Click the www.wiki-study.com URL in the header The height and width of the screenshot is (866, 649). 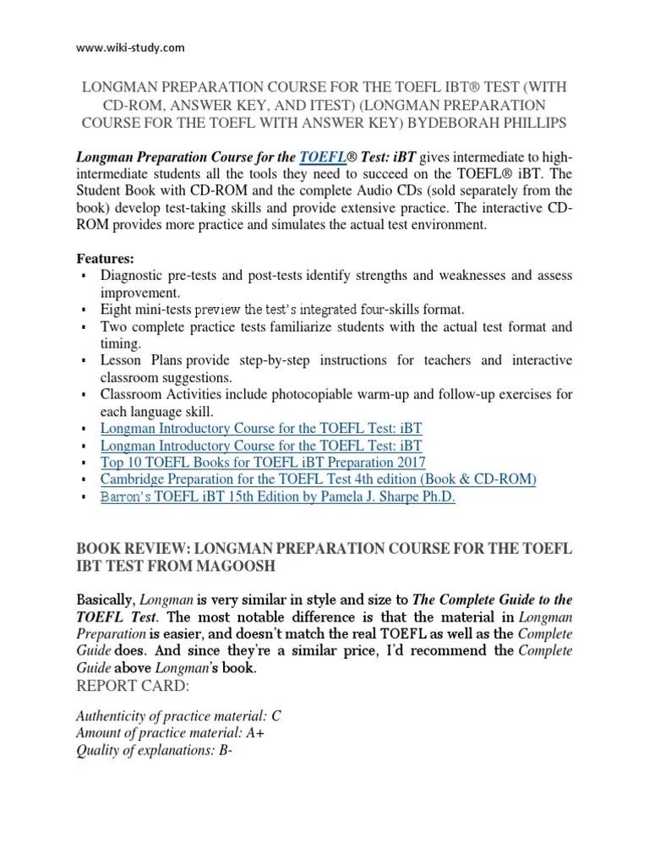tap(130, 47)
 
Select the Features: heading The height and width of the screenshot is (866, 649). tap(106, 258)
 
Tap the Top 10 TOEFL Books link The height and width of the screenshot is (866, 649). tap(263, 463)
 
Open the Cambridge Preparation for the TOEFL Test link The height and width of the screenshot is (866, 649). tap(318, 480)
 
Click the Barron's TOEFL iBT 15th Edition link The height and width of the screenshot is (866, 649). tap(277, 497)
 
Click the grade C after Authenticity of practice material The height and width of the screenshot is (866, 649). tap(276, 715)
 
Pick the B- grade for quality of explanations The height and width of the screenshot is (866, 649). tap(225, 749)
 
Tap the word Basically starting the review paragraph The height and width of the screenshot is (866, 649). tap(105, 600)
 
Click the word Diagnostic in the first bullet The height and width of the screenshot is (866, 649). tap(131, 276)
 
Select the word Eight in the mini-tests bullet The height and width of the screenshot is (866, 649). tap(114, 310)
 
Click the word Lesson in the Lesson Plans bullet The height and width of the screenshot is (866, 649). tap(120, 360)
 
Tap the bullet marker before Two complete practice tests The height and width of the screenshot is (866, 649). tap(83, 327)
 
